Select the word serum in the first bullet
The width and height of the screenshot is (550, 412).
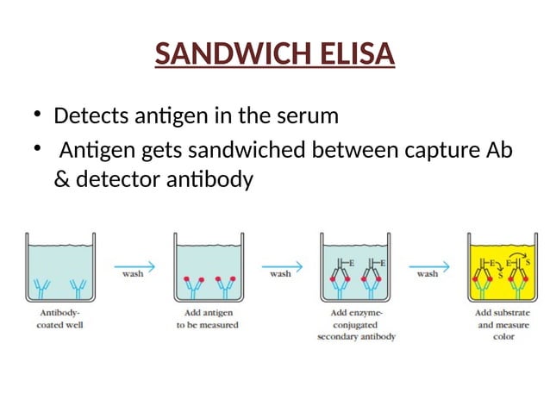click(309, 115)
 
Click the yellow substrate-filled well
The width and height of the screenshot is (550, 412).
click(503, 272)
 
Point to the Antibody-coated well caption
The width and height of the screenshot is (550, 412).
click(62, 318)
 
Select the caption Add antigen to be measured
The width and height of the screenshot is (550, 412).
click(209, 318)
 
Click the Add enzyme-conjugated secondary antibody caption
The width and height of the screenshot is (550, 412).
click(355, 324)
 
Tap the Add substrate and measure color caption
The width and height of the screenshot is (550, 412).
click(503, 324)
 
